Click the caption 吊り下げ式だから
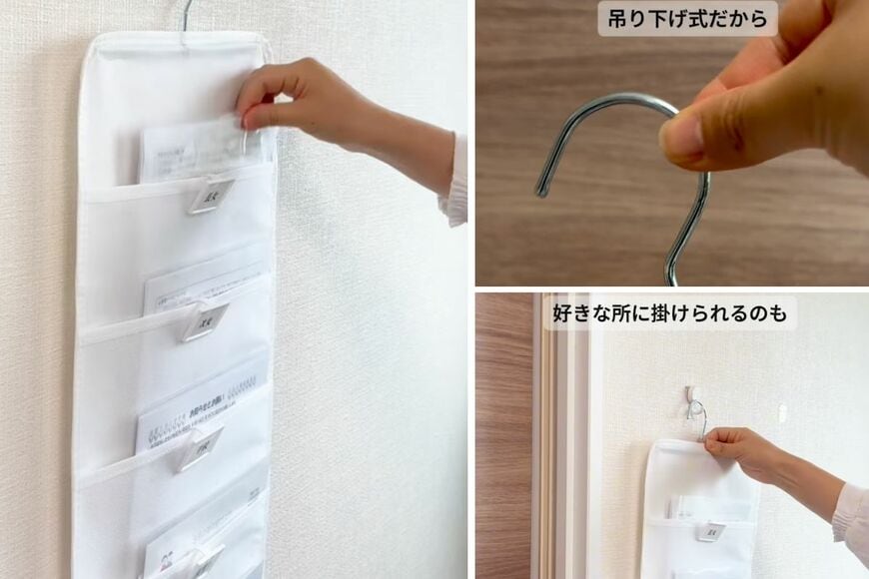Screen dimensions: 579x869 coord(687,18)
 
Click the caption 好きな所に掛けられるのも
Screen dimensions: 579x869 coord(669,314)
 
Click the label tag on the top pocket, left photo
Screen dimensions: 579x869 coord(211,195)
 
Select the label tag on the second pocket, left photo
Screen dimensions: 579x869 coord(204,320)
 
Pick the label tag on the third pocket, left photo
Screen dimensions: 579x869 coord(200,448)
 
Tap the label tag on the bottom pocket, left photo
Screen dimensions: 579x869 coord(204,559)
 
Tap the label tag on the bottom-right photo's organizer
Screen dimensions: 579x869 coord(714,532)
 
